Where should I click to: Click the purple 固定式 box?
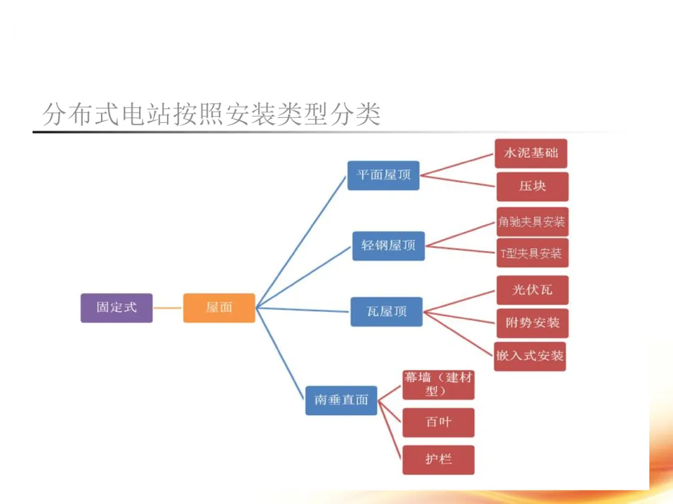tap(117, 307)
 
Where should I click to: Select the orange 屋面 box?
tap(219, 307)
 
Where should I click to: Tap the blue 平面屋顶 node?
tap(383, 175)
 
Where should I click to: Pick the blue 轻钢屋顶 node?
tap(388, 245)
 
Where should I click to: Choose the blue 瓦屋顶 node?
tap(386, 311)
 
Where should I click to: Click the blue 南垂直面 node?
tap(341, 400)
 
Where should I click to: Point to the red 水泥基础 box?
tap(531, 153)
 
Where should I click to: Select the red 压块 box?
tap(532, 187)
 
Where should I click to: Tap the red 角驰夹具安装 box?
tap(532, 222)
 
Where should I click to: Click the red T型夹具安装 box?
tap(532, 253)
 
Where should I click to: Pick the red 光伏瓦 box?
tap(532, 290)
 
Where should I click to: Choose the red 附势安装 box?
tap(532, 323)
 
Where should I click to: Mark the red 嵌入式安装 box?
tap(530, 356)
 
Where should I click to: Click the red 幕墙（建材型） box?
tap(439, 385)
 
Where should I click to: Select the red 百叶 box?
tap(439, 422)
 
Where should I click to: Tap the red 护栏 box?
tap(439, 460)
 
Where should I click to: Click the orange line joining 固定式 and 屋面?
tap(168, 307)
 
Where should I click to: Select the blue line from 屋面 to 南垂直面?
tap(280, 352)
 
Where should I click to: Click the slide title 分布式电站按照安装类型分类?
tap(211, 114)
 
